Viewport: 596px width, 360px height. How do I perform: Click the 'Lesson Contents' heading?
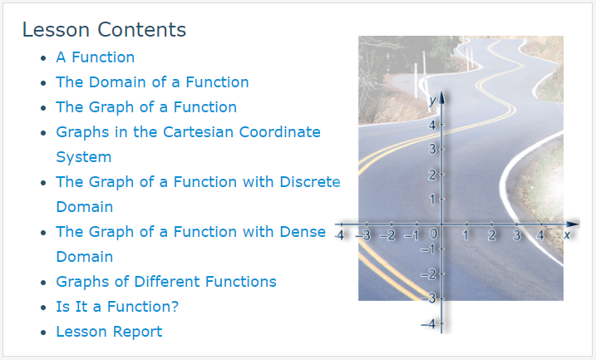point(104,30)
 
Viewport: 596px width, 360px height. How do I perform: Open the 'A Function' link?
point(96,57)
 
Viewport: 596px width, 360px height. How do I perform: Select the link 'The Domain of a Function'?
point(152,82)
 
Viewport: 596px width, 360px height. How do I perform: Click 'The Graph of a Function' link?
point(146,107)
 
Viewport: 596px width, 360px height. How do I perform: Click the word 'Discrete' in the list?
point(310,182)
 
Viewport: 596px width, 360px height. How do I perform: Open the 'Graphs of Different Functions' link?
point(166,282)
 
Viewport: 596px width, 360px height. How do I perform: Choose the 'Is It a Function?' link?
point(117,307)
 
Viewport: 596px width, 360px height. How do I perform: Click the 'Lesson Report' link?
point(109,332)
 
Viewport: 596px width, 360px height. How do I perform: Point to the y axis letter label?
point(432,101)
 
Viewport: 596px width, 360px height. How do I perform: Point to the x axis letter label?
point(567,235)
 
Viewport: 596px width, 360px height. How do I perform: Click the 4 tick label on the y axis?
point(432,125)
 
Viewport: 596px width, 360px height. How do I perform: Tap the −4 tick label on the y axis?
point(428,324)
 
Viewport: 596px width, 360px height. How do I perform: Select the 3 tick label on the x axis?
point(516,235)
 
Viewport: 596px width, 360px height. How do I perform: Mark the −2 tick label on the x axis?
point(387,235)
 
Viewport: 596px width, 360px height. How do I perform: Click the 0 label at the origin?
point(433,234)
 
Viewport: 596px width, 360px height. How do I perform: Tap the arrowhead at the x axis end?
point(573,224)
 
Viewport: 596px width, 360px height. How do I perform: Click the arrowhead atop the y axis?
point(441,98)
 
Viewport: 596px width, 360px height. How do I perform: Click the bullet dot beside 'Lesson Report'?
point(43,333)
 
